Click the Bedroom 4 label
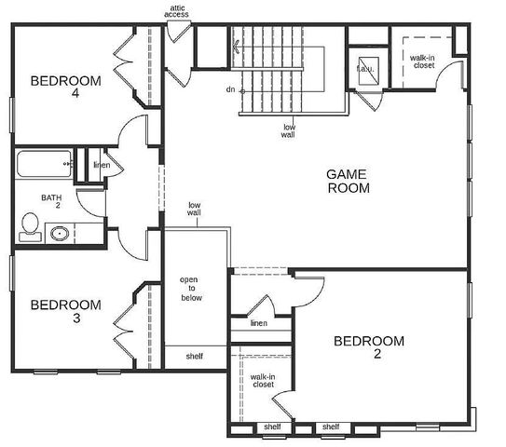(x=65, y=87)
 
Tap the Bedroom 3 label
(x=65, y=311)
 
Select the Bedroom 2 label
(x=369, y=347)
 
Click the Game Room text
(x=348, y=181)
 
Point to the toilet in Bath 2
(x=30, y=226)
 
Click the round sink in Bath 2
(x=61, y=234)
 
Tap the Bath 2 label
(x=50, y=202)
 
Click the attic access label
(x=179, y=11)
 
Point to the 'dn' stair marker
(x=229, y=90)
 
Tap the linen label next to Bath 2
(x=101, y=167)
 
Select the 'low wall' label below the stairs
(x=288, y=130)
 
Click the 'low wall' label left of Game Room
(x=194, y=209)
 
